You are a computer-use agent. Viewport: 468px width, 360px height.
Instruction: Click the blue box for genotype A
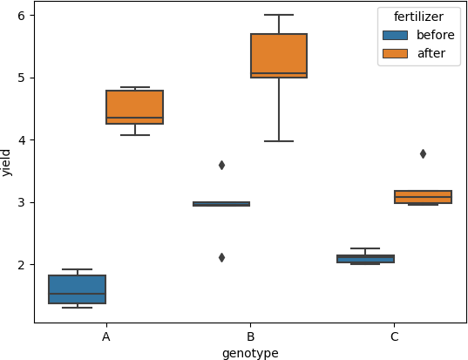[x=77, y=289]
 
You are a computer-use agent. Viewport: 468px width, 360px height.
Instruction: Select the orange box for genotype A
[x=134, y=107]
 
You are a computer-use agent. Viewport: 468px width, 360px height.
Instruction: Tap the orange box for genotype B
[x=279, y=56]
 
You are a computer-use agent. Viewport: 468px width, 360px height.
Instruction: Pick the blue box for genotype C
[x=365, y=259]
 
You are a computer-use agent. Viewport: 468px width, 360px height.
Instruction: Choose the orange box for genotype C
[x=423, y=197]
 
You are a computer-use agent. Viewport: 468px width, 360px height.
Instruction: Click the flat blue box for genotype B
[x=221, y=204]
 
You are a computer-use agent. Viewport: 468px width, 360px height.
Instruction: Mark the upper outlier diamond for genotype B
[x=221, y=165]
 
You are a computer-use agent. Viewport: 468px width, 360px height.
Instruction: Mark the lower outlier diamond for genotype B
[x=221, y=257]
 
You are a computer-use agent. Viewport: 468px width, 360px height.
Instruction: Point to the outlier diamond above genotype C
[x=423, y=153]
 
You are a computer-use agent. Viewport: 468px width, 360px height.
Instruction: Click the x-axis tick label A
[x=105, y=336]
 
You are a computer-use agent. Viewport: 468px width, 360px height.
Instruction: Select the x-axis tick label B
[x=250, y=336]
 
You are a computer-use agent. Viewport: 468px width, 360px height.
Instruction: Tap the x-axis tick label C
[x=394, y=336]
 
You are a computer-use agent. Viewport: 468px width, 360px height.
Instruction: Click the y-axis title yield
[x=7, y=162]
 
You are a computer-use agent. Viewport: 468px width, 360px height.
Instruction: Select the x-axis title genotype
[x=250, y=353]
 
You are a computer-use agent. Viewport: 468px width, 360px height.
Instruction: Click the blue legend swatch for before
[x=395, y=35]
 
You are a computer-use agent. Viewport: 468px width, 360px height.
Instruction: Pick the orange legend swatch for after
[x=395, y=53]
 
